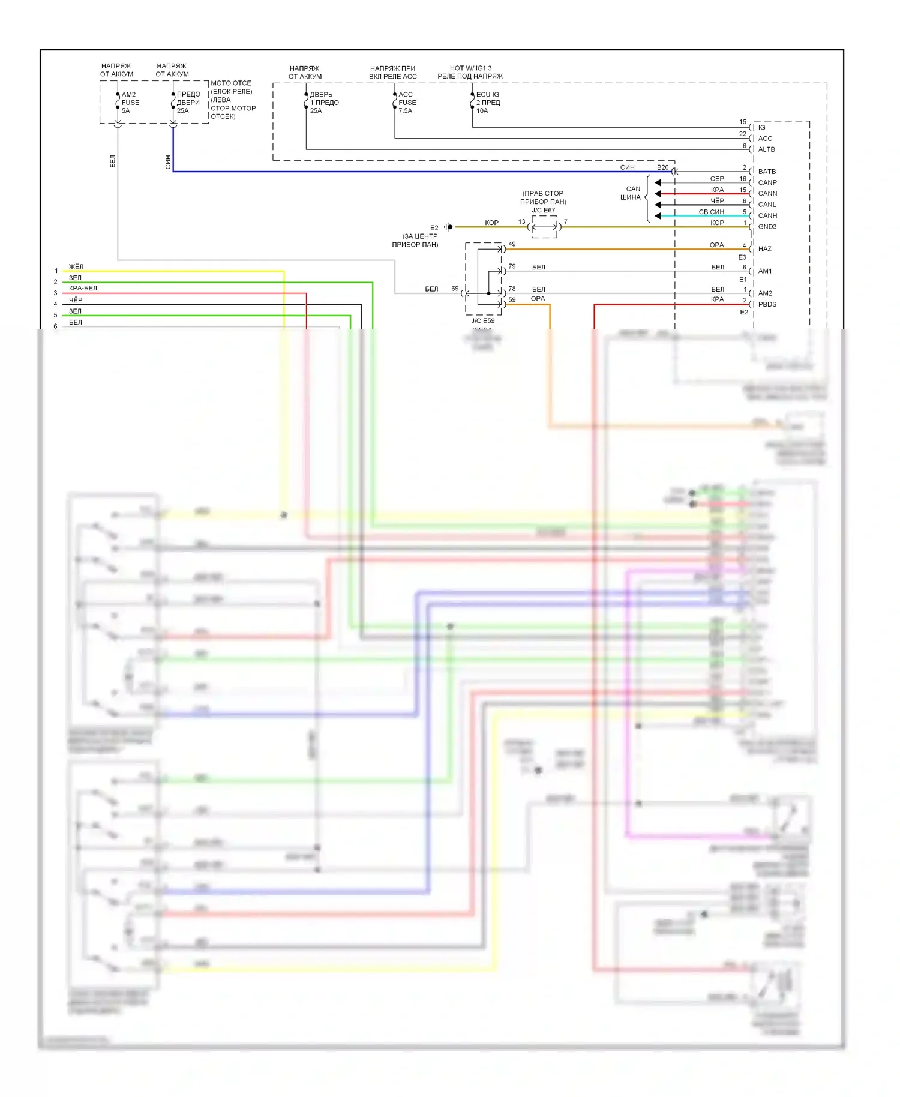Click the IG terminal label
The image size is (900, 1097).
click(x=761, y=127)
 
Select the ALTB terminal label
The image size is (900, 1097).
click(x=766, y=149)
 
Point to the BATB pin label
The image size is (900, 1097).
click(x=767, y=172)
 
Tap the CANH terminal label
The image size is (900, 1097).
click(x=767, y=215)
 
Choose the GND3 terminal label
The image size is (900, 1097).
click(x=767, y=227)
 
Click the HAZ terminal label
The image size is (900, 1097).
click(x=764, y=249)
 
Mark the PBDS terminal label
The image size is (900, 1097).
click(x=767, y=304)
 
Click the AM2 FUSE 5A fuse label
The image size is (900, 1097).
click(x=130, y=103)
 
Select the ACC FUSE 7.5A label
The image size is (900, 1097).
click(x=407, y=103)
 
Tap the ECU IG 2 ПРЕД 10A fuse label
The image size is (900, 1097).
click(x=488, y=103)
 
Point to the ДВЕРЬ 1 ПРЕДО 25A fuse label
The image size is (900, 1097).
click(x=324, y=103)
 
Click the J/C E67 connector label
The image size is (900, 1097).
click(x=543, y=211)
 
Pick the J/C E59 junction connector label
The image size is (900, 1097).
click(x=482, y=321)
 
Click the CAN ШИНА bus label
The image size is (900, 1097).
click(x=631, y=193)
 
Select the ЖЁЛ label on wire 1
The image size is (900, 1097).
click(x=76, y=267)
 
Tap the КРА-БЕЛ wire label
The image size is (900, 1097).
click(x=83, y=289)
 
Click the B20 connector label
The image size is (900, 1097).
click(x=662, y=167)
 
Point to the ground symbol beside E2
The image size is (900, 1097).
click(x=448, y=227)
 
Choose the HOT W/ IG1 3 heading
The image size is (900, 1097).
click(x=470, y=68)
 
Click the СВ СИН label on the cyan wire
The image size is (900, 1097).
click(x=711, y=212)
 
